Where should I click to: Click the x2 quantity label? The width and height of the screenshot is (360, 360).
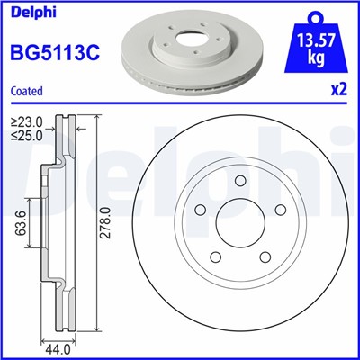(339, 90)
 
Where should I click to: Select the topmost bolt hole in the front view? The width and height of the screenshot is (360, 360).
(239, 184)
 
